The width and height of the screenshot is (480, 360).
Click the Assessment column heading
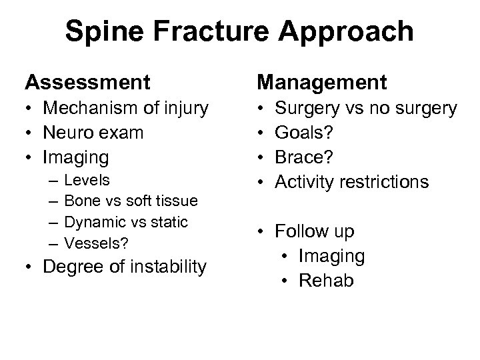[x=87, y=83]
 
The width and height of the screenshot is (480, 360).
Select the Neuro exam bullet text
[x=93, y=133]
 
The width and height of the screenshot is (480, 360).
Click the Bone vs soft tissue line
[x=131, y=201]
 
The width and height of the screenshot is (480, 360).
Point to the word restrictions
[x=386, y=182]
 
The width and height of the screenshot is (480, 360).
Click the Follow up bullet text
[x=316, y=231]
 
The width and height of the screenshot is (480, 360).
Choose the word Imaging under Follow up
[x=332, y=256]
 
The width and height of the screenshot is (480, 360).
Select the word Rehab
[x=327, y=281]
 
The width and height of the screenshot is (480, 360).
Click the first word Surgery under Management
[x=315, y=108]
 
